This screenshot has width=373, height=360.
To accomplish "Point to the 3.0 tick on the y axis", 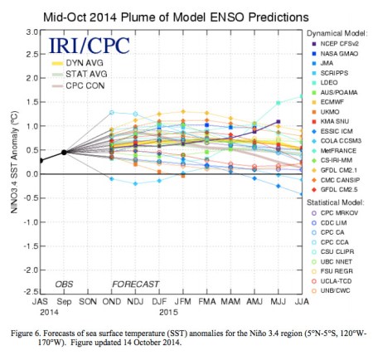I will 27,32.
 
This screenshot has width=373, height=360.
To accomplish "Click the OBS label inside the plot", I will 65,284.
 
